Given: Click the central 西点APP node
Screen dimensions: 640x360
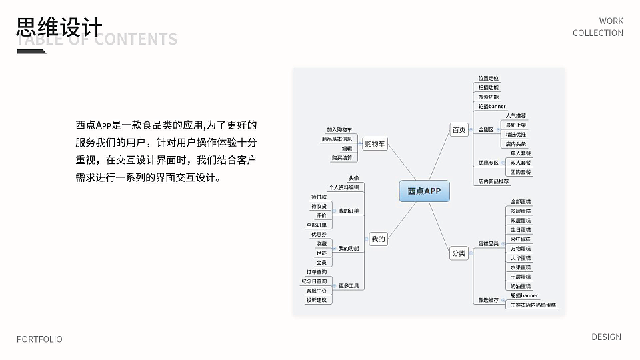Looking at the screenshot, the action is (x=424, y=191).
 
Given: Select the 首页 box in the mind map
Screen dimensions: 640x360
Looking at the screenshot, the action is (x=459, y=130).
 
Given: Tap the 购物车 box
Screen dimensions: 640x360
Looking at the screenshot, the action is (x=375, y=143).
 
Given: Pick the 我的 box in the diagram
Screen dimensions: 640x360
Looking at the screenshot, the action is (x=378, y=239).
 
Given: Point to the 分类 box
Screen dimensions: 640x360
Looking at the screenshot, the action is (x=459, y=253).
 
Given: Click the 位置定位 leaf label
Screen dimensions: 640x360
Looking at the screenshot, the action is (x=488, y=79).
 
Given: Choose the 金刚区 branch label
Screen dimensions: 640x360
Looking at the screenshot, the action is (x=486, y=130).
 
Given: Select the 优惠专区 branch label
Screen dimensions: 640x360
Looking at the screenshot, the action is (x=488, y=163).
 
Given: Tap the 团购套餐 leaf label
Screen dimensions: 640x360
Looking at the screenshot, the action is (x=521, y=172).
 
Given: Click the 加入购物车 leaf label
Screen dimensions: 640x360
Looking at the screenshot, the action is (x=339, y=129).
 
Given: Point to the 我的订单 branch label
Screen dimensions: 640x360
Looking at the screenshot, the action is (x=349, y=211).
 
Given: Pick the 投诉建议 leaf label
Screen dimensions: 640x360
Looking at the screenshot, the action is (x=317, y=300).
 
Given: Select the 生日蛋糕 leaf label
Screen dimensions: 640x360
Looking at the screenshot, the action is (x=521, y=230).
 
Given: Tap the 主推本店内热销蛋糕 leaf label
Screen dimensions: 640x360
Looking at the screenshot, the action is (x=533, y=305).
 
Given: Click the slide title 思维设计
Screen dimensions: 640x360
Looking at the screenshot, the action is (x=59, y=27).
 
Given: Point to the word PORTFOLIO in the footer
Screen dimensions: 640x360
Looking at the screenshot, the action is (x=39, y=339).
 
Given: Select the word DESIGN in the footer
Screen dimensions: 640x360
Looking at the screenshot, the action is (x=606, y=337).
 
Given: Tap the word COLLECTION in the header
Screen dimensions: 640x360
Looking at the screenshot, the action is (x=597, y=33).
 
